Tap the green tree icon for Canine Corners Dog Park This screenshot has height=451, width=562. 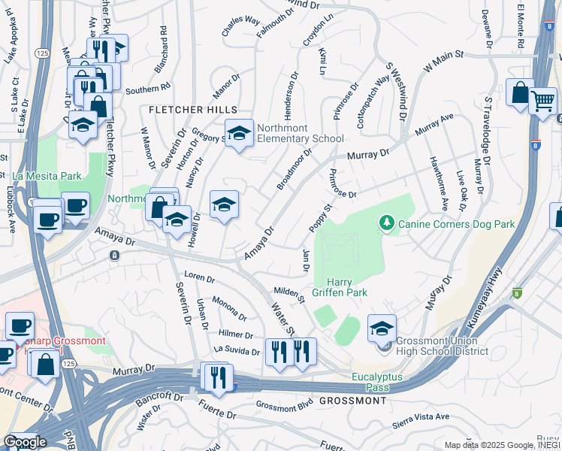(x=387, y=222)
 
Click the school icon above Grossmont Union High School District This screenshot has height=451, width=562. (x=382, y=328)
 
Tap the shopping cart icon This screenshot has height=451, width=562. (x=542, y=101)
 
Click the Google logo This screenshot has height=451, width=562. (x=24, y=442)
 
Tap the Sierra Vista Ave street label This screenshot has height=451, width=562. (x=421, y=421)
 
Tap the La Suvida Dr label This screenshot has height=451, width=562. (x=237, y=350)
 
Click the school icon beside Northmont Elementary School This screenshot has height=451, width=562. (x=239, y=135)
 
